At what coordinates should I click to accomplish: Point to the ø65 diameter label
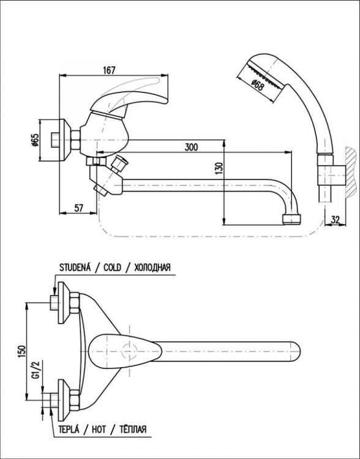coord(35,141)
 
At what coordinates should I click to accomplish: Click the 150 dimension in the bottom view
coord(21,351)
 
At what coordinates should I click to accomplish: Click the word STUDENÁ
coord(75,267)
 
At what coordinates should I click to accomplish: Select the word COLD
coord(112,267)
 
